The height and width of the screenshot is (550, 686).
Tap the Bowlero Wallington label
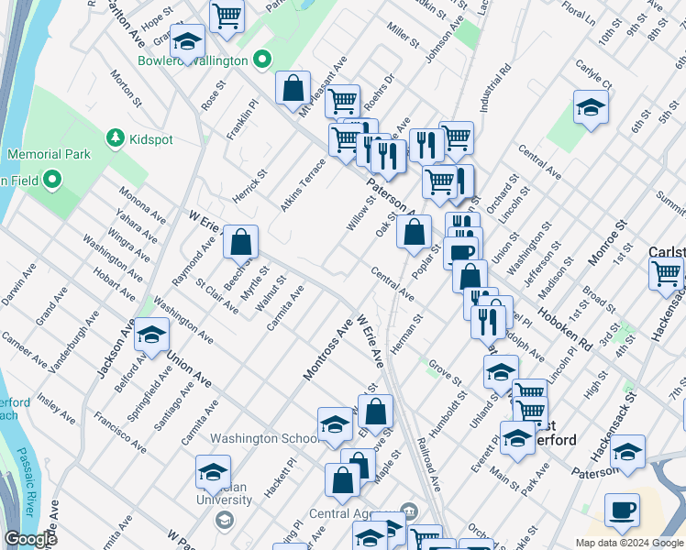pos(193,60)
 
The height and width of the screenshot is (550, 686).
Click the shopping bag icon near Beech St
pos(240,243)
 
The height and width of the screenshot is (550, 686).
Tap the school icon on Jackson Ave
pos(151,335)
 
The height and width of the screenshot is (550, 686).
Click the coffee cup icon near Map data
pos(622,510)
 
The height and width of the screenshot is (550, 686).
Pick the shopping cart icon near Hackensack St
pos(666,272)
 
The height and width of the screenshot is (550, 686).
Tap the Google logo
pos(30,539)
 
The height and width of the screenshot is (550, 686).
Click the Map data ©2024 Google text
pos(629,543)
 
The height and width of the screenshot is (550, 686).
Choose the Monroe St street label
pos(606,242)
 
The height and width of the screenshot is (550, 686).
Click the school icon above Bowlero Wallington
pos(188,42)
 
